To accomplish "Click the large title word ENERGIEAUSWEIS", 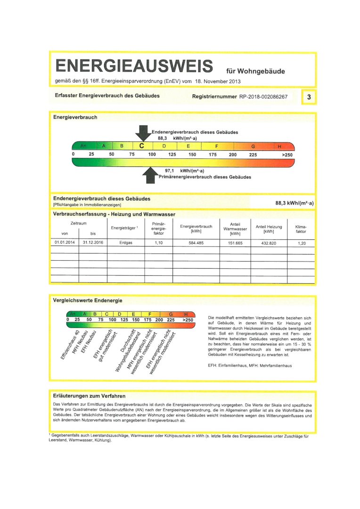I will coord(134,66).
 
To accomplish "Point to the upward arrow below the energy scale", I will coord(149,175).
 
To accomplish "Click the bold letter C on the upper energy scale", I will coord(141,146).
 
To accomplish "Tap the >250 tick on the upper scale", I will coord(287,155).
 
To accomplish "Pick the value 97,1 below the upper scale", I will coord(170,171).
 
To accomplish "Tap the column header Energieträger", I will coord(125,228).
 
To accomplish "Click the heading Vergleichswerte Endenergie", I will coord(88,300).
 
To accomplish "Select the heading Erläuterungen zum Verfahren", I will coord(90,395).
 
